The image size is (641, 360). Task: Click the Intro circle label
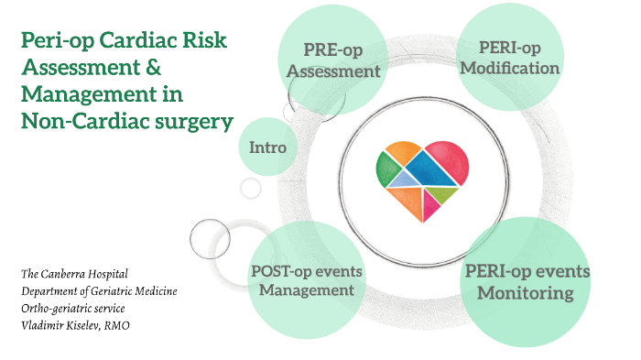click(x=267, y=147)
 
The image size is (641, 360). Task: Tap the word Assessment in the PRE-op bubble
click(x=342, y=71)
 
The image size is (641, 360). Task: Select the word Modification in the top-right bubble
click(x=510, y=69)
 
